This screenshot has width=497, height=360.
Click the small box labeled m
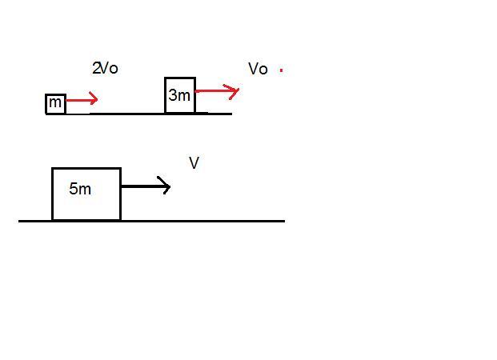(55, 103)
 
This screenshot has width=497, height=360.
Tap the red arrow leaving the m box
(81, 100)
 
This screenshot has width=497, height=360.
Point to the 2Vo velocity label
(105, 69)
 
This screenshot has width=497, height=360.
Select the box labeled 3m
(180, 95)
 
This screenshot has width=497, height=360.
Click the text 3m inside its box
(179, 96)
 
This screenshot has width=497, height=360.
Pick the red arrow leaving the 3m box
(216, 92)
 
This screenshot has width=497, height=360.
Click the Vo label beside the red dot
(258, 70)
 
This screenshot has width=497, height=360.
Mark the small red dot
(281, 70)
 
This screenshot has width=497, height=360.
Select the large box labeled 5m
(86, 194)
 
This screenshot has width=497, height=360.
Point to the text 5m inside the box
(80, 190)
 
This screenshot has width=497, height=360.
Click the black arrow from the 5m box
(145, 187)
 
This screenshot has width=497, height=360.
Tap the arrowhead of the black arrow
(166, 187)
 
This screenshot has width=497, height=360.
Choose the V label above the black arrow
(194, 163)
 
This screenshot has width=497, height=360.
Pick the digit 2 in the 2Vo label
(96, 69)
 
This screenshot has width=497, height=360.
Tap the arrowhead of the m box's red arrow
(94, 100)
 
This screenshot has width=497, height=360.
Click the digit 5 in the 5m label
(74, 190)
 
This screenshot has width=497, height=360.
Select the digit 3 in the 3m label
(173, 96)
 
